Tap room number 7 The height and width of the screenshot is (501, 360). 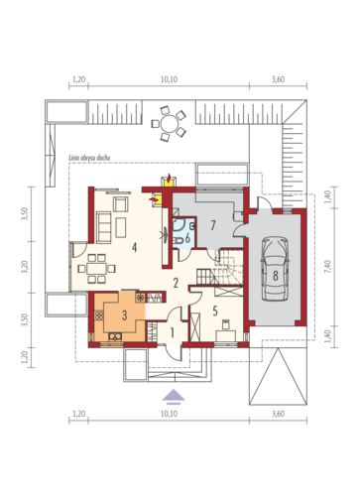[212, 225]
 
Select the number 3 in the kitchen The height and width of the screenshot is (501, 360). [124, 315]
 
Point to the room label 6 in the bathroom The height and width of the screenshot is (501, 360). [187, 238]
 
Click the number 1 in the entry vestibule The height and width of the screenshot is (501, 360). [172, 333]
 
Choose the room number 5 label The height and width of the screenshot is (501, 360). [215, 311]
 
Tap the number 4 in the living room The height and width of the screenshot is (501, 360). [134, 247]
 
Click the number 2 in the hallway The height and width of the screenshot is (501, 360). [176, 283]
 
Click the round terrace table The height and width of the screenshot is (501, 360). [169, 124]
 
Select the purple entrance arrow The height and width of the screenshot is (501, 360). [174, 396]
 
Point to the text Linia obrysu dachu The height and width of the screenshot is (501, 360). [89, 158]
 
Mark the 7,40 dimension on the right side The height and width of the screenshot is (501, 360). [328, 267]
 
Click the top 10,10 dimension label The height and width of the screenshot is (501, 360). [169, 79]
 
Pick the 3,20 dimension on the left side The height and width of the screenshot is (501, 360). [26, 267]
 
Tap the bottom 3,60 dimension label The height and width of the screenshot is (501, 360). [278, 414]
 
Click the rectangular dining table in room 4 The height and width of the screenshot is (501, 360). [96, 268]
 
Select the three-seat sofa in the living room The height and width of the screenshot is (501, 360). [103, 228]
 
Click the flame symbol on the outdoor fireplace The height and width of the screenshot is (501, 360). [169, 179]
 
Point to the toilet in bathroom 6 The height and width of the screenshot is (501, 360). [179, 240]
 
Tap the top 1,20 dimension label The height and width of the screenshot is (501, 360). [78, 79]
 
